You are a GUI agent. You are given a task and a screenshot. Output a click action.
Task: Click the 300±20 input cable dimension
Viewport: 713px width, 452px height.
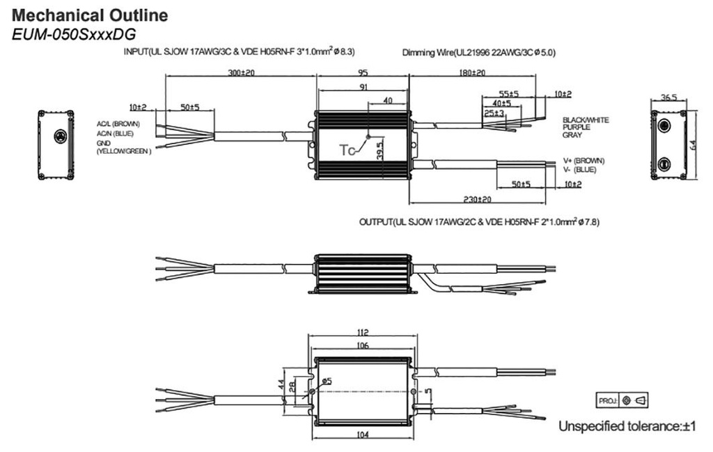(240, 72)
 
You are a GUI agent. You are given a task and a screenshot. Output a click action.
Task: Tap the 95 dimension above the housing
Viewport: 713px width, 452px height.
(362, 72)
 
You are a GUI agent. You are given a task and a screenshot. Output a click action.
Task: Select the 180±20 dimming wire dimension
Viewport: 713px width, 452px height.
(472, 72)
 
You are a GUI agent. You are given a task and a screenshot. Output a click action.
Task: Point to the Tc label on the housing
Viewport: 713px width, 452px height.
(347, 150)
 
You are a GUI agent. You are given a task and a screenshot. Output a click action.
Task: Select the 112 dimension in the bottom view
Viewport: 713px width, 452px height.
(361, 332)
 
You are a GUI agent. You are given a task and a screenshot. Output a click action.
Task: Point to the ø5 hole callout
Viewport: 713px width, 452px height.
(327, 381)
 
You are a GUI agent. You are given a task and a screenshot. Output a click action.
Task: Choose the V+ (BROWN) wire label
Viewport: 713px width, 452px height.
(583, 161)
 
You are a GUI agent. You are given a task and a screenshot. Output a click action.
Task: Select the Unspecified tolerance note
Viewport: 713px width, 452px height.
(627, 426)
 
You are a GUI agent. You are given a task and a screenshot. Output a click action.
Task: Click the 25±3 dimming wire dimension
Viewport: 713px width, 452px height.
(494, 113)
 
